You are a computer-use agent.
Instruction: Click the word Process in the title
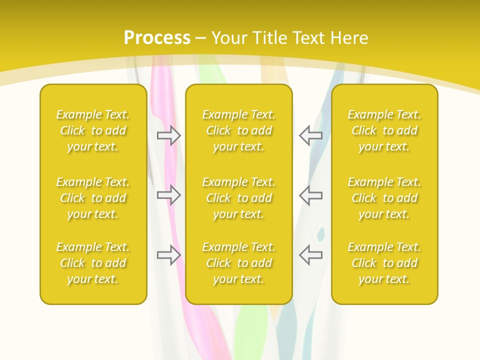point(157,38)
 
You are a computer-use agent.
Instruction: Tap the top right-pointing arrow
point(168,135)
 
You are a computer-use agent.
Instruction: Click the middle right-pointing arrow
point(168,195)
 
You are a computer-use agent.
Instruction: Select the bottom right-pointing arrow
point(168,255)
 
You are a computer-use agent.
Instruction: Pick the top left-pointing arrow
point(310,135)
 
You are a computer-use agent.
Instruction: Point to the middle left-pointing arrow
point(310,195)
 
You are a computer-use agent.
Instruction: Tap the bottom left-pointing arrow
point(310,255)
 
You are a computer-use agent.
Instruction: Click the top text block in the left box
point(93,130)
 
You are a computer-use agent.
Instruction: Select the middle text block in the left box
point(93,198)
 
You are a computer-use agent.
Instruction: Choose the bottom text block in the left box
point(93,263)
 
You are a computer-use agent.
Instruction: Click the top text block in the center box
point(239,130)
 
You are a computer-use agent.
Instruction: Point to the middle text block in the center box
point(239,198)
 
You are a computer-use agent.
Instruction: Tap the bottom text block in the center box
point(239,263)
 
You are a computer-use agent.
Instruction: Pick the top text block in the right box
point(384,130)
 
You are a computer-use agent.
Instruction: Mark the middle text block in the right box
point(384,198)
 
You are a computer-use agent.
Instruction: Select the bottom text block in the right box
point(384,263)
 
